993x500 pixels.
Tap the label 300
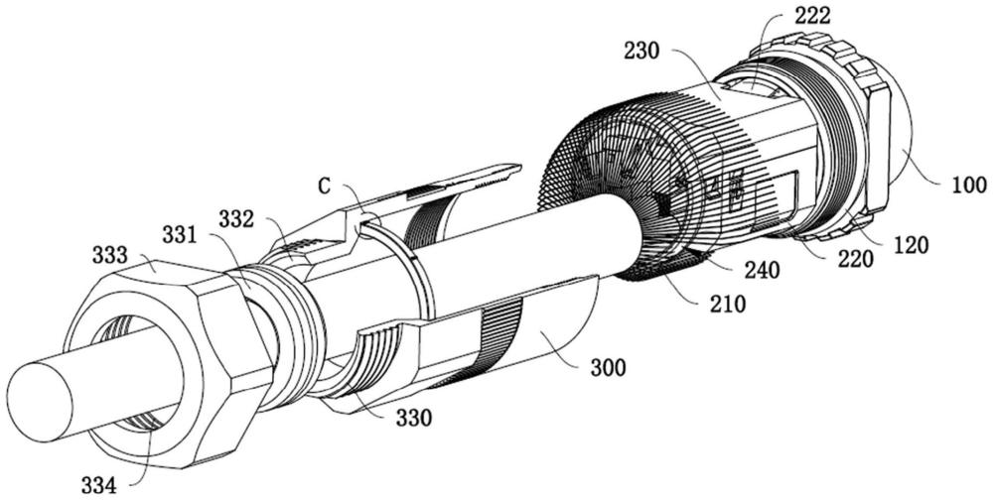pyautogui.click(x=607, y=369)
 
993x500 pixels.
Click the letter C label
pyautogui.click(x=324, y=186)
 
